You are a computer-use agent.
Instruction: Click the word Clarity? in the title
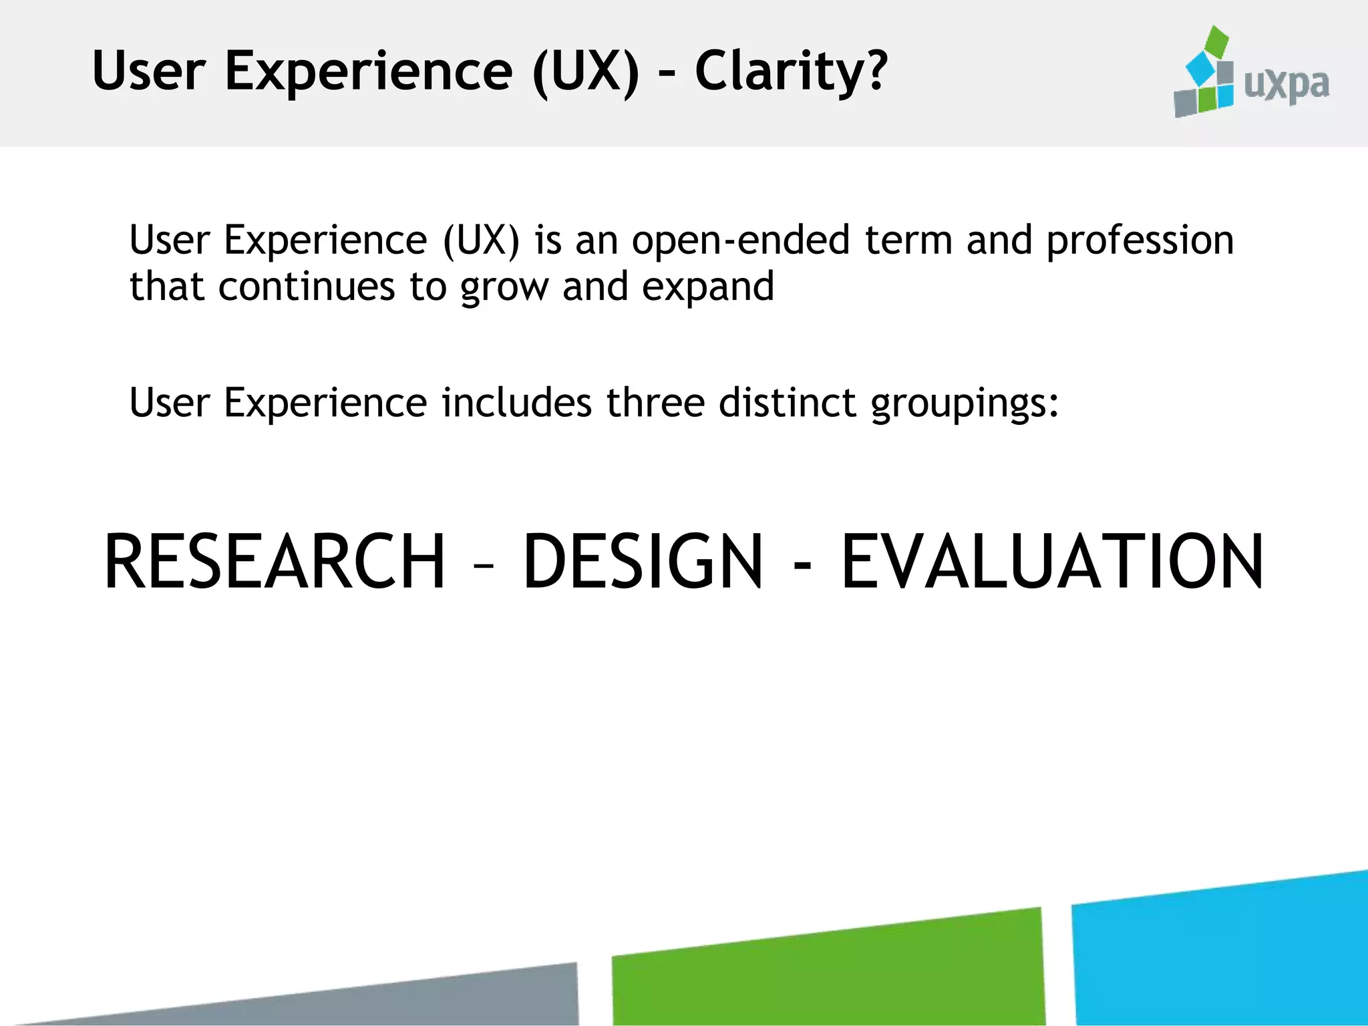(791, 71)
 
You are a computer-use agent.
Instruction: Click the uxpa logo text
(1287, 85)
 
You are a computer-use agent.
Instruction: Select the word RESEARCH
(275, 562)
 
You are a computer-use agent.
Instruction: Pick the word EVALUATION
(1052, 562)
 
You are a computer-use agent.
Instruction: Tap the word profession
(1140, 242)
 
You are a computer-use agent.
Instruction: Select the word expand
(707, 288)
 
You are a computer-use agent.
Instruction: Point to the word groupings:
(965, 405)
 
